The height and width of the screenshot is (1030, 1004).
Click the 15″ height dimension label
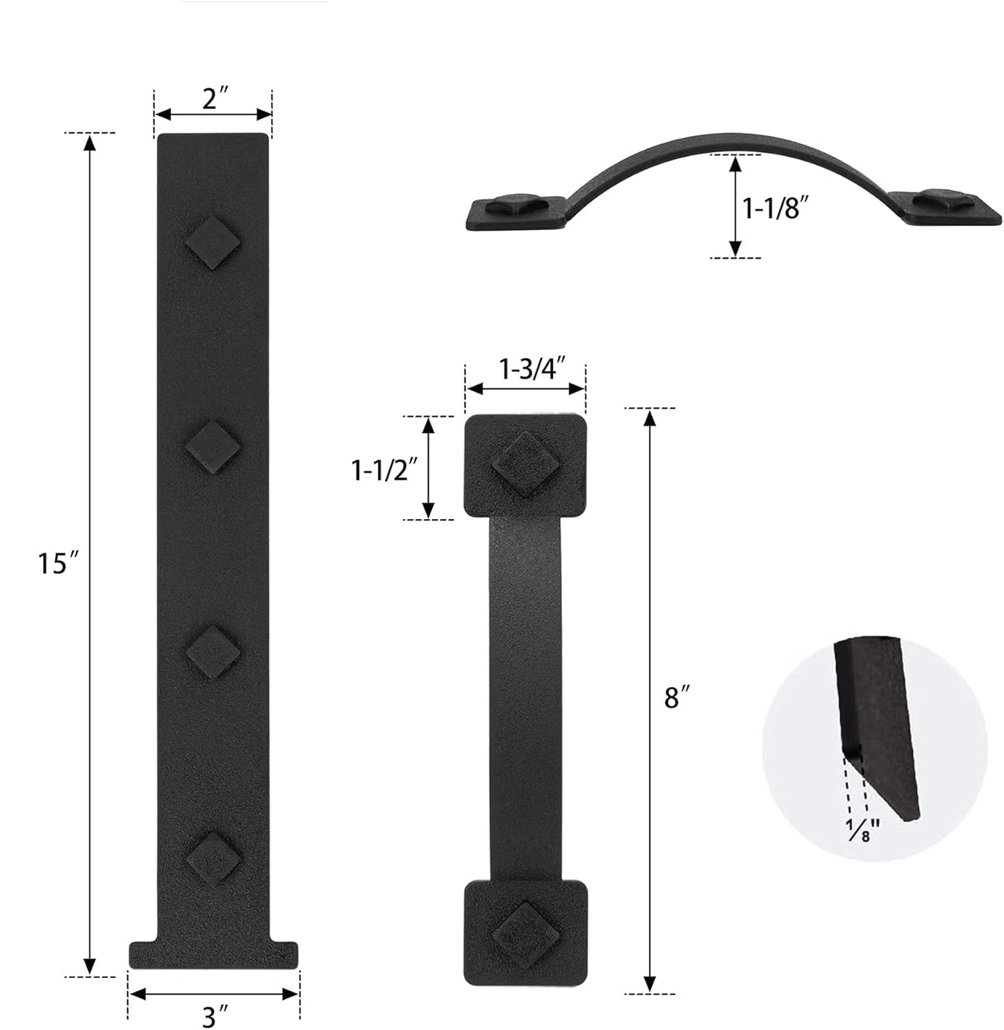click(58, 563)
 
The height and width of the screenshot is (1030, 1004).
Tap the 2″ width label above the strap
click(215, 99)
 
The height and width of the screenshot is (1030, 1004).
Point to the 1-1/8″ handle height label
click(776, 208)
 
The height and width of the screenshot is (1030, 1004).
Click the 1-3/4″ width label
click(532, 368)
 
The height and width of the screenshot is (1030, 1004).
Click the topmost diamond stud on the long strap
click(213, 243)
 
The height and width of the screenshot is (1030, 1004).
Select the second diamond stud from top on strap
click(213, 446)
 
